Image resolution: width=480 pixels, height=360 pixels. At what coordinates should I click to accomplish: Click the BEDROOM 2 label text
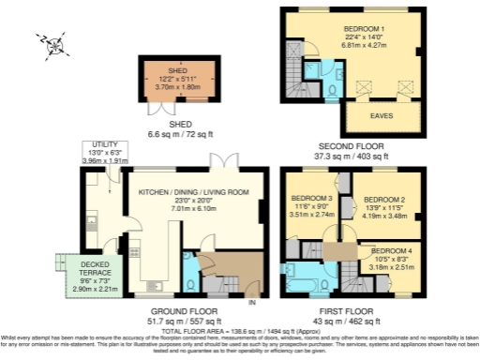(383, 201)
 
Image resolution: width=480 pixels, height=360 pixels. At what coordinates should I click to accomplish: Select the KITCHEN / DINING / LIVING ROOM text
(193, 192)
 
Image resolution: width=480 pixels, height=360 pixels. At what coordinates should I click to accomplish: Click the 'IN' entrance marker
(250, 302)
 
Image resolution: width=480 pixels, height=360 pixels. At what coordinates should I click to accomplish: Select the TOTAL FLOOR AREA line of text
(240, 332)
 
